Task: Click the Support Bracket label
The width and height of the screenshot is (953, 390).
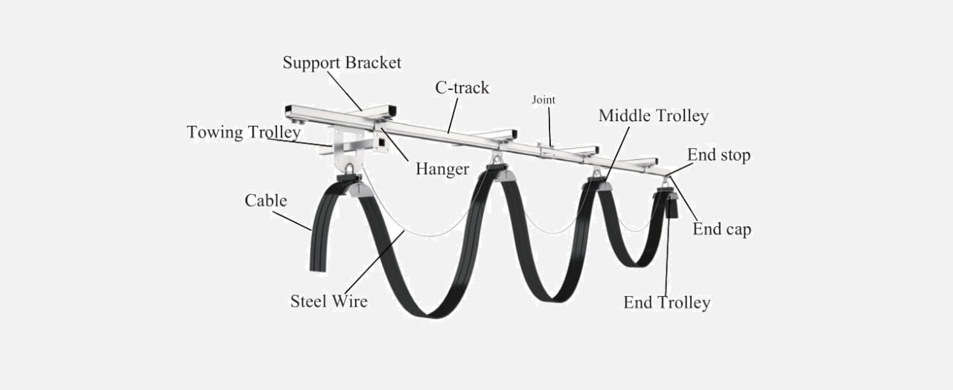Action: tap(342, 63)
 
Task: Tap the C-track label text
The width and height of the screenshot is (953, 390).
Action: tap(462, 88)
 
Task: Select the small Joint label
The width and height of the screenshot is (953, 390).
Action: tap(544, 100)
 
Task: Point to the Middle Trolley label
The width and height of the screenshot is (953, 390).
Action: tap(654, 115)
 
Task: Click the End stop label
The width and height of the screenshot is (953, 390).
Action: tap(718, 155)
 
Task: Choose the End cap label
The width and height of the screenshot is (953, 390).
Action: tap(721, 229)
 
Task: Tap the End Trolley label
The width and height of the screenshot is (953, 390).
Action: tap(666, 302)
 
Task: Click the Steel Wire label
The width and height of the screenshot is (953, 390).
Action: tap(329, 301)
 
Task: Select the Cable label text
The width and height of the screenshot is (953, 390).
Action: tap(266, 200)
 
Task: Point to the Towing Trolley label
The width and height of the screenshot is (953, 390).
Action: tap(243, 132)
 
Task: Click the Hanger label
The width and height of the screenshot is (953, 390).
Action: tap(442, 169)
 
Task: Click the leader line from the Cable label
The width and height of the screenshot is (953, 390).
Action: tap(292, 221)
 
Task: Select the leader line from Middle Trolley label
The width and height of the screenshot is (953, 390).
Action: tap(617, 153)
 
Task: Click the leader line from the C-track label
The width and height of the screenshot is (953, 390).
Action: tap(453, 115)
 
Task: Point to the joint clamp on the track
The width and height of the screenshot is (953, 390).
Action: tap(547, 150)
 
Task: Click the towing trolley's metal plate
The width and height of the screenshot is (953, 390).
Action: tap(348, 150)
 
